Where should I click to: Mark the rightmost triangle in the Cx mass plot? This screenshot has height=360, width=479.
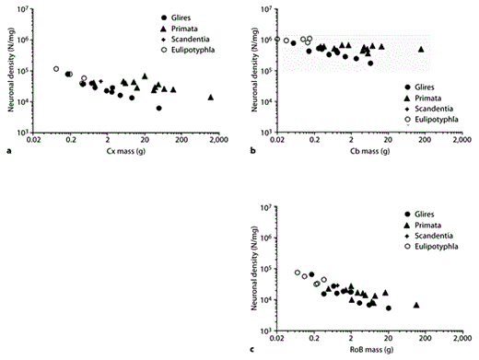[211, 97]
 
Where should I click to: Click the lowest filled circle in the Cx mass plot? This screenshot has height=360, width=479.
[158, 108]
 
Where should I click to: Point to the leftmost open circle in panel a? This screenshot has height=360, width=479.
[56, 69]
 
